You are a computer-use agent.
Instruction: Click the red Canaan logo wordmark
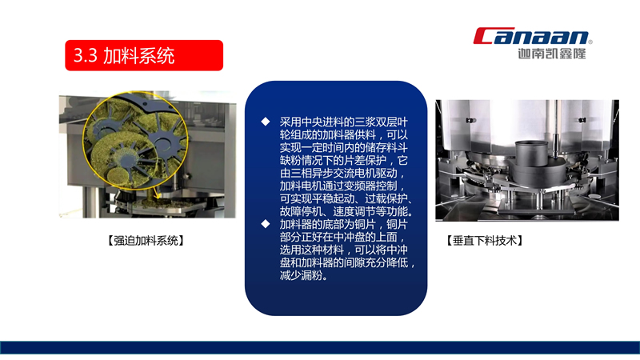530,35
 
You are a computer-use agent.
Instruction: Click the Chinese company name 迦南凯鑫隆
552,54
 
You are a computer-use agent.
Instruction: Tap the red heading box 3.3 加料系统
144,55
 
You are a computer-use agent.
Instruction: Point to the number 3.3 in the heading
85,55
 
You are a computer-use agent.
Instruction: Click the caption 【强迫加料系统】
146,241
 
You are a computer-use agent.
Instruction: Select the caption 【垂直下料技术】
485,241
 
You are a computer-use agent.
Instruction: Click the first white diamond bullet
266,122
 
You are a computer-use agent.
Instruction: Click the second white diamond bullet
266,224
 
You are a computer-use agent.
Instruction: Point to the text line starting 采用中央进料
344,122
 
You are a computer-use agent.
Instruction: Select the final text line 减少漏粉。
304,275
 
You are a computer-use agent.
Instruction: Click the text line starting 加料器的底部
344,224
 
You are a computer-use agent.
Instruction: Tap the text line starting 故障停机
347,211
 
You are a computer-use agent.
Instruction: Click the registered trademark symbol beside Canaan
590,42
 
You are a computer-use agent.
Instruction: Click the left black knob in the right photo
470,120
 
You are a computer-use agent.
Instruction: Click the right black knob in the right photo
582,119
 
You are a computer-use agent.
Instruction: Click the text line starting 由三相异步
343,173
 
